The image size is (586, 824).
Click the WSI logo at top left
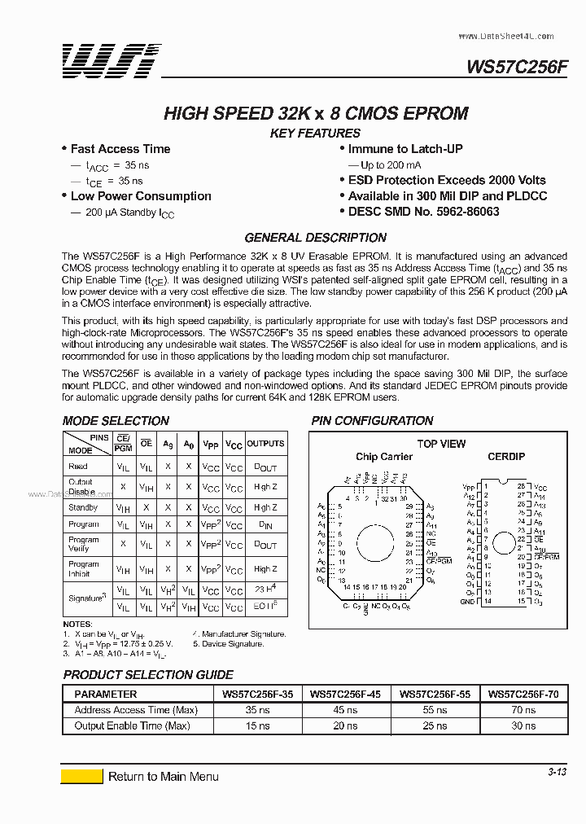point(112,61)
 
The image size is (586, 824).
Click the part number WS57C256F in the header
point(517,68)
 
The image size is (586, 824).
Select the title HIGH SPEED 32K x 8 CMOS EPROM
point(316,113)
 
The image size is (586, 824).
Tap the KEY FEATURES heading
point(315,134)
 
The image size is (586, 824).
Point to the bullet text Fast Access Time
point(120,149)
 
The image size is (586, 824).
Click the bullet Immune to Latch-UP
point(405,149)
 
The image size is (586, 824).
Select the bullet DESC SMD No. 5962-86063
point(423,212)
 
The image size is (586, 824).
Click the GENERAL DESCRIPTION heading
point(316,238)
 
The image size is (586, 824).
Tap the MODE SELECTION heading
point(116,421)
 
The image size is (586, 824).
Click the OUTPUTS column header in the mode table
point(266,444)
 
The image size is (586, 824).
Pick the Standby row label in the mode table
point(83,507)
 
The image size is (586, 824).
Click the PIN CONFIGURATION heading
point(372,421)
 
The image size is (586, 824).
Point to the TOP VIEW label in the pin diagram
point(441,444)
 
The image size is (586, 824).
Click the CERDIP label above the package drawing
point(506,457)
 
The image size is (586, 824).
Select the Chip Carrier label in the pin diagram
point(384,457)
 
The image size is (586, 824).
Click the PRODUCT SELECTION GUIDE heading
point(148,675)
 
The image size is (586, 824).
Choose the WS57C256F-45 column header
point(345,695)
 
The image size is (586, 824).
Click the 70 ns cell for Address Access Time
point(523,710)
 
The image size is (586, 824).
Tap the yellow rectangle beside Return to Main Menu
point(82,776)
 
